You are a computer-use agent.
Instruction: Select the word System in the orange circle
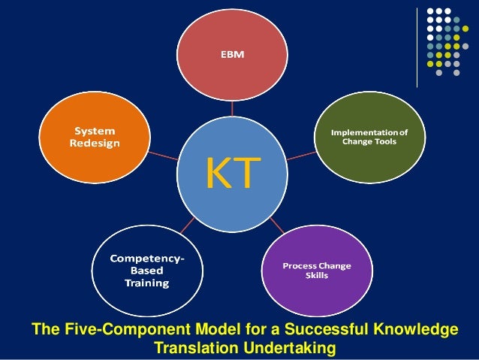point(88,130)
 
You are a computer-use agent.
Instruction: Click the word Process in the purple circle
point(300,265)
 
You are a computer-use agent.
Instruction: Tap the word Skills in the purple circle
point(316,275)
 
